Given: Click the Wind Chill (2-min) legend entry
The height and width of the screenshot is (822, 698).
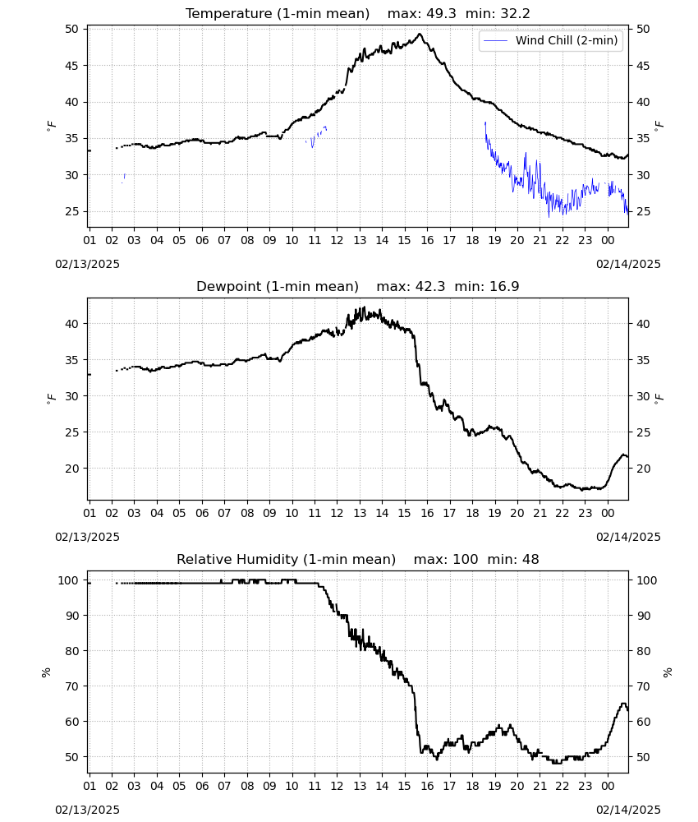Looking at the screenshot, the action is click(551, 40).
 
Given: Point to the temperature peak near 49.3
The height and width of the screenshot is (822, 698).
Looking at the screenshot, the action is click(420, 34).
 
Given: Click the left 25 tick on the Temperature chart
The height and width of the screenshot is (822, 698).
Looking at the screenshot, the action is click(71, 212).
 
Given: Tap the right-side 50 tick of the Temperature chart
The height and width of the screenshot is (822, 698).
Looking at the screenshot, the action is click(643, 30).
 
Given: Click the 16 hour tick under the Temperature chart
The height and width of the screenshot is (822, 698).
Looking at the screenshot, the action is click(427, 240).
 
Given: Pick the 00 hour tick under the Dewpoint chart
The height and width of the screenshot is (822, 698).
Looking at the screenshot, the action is click(608, 513).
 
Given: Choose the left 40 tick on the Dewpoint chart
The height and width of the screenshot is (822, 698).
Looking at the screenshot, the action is click(71, 324).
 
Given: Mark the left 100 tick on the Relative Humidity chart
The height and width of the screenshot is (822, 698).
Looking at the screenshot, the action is click(68, 580).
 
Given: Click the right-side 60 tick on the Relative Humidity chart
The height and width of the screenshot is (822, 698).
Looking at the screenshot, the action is click(643, 722).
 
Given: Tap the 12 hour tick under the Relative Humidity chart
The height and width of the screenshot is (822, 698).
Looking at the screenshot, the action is click(337, 787).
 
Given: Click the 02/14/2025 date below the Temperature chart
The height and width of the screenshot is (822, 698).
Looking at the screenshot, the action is click(628, 264).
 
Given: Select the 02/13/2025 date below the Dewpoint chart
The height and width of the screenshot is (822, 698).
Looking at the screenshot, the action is click(87, 537).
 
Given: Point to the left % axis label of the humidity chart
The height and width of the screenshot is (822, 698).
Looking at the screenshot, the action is click(47, 672).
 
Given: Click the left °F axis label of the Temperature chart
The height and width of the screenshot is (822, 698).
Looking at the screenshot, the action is click(51, 126).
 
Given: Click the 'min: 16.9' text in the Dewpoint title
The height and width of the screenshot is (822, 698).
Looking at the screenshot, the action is click(487, 287).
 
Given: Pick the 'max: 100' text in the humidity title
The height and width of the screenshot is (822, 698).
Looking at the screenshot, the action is click(446, 559).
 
